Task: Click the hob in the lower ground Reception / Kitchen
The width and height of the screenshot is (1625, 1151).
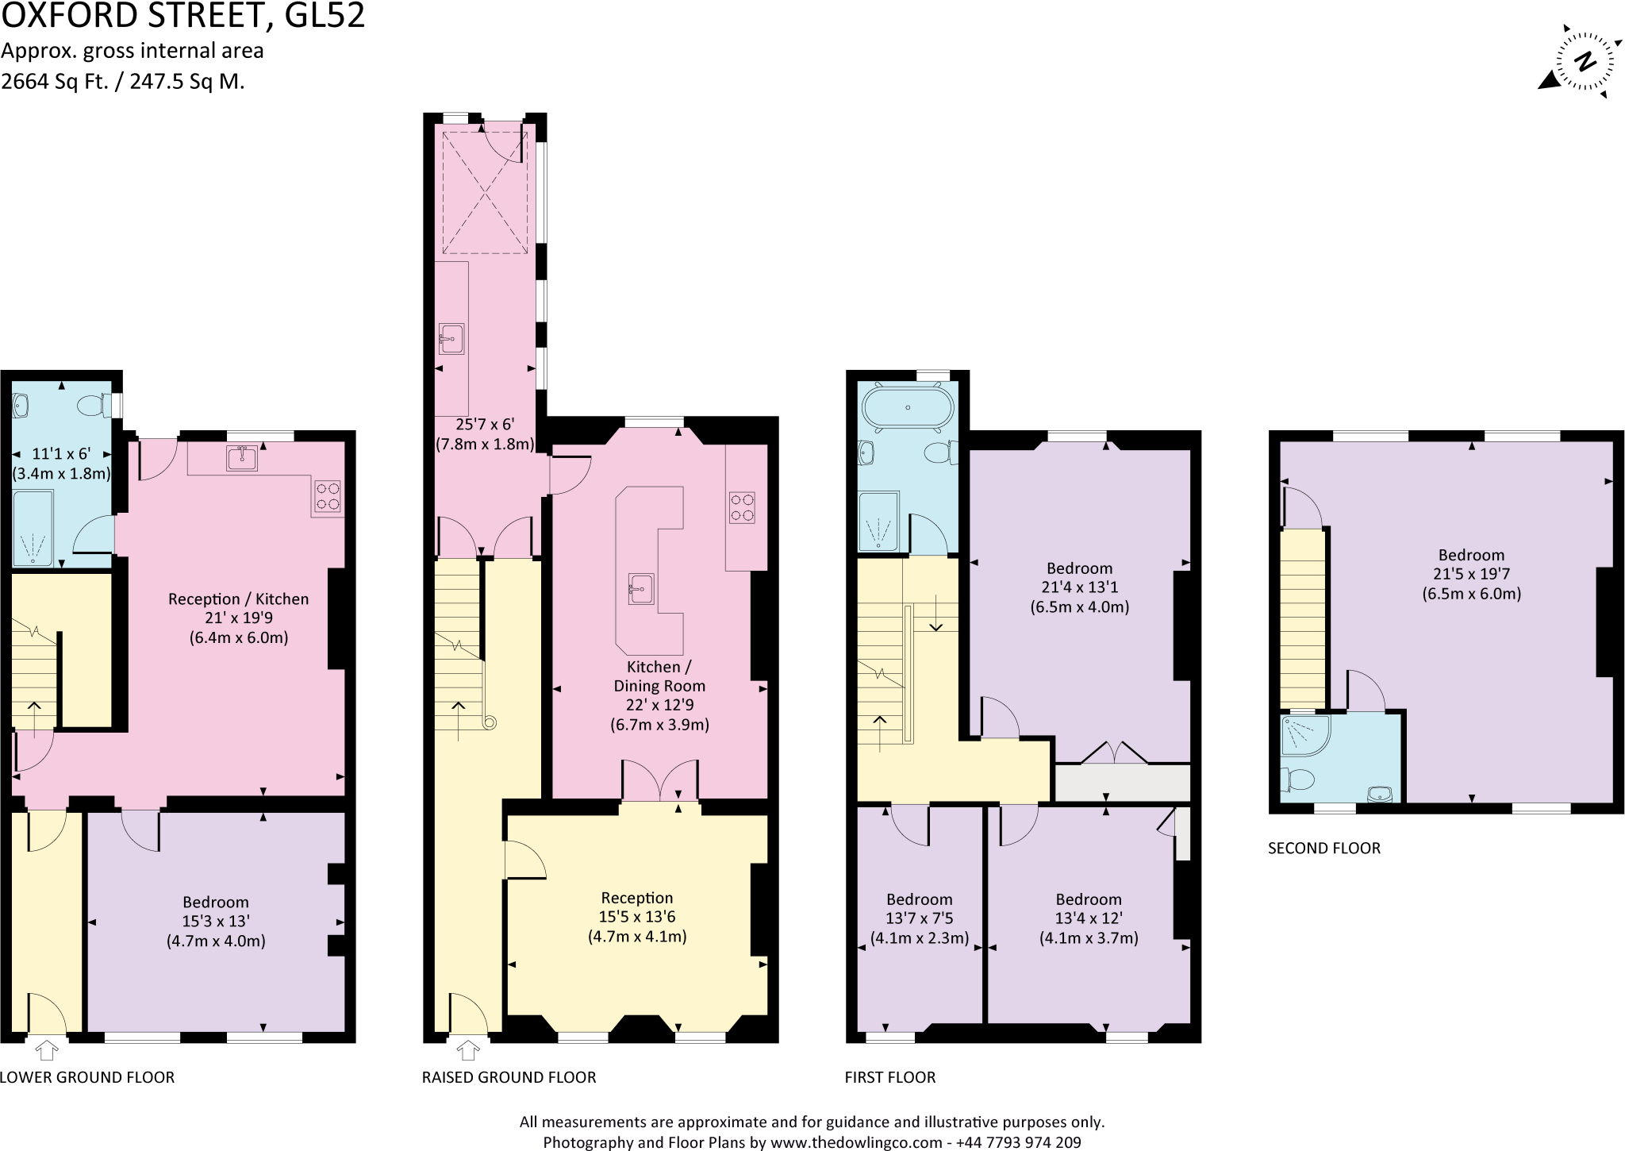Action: click(x=328, y=497)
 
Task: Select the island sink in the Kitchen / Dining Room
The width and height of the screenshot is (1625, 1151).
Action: click(x=641, y=589)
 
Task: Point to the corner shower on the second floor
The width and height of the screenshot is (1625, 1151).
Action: click(x=1304, y=736)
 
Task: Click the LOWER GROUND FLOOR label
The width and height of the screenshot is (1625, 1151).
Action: click(x=87, y=1077)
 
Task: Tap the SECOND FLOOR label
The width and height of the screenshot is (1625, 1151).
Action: click(x=1323, y=848)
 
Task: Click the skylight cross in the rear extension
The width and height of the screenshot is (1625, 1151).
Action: click(x=484, y=193)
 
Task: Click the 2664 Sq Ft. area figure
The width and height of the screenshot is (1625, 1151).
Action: click(x=55, y=81)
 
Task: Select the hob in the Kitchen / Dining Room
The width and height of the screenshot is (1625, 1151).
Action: click(x=742, y=508)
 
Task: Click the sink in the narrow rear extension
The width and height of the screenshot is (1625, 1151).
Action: click(x=451, y=339)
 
